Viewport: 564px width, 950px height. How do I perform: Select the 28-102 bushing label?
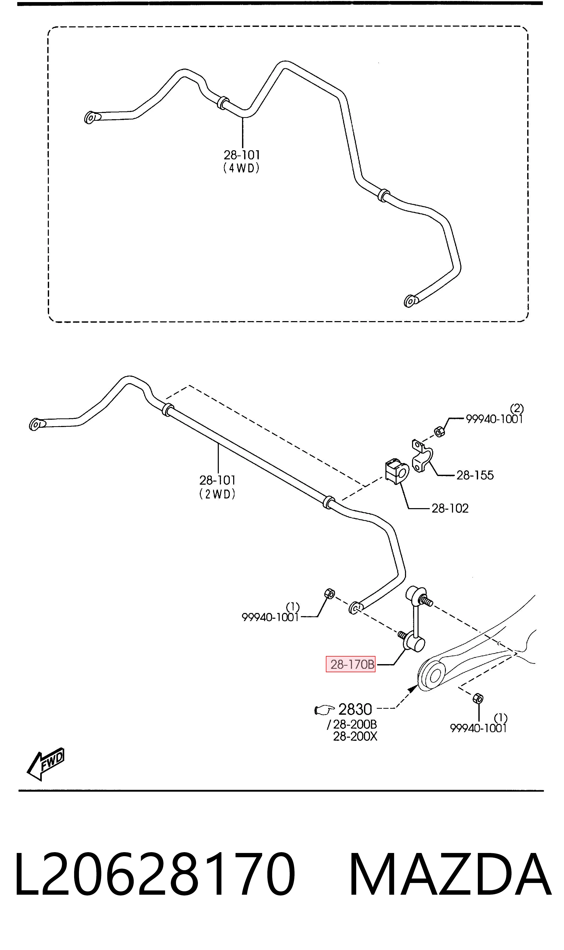[450, 508]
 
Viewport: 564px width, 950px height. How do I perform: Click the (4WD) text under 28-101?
[242, 168]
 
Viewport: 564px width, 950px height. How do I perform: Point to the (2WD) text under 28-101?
[218, 494]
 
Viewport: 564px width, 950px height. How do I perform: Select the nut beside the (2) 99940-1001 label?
[439, 431]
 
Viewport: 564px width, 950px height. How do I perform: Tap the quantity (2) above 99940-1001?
[517, 408]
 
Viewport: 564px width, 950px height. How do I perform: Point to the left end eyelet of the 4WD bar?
[90, 118]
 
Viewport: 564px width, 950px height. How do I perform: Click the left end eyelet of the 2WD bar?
[35, 424]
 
